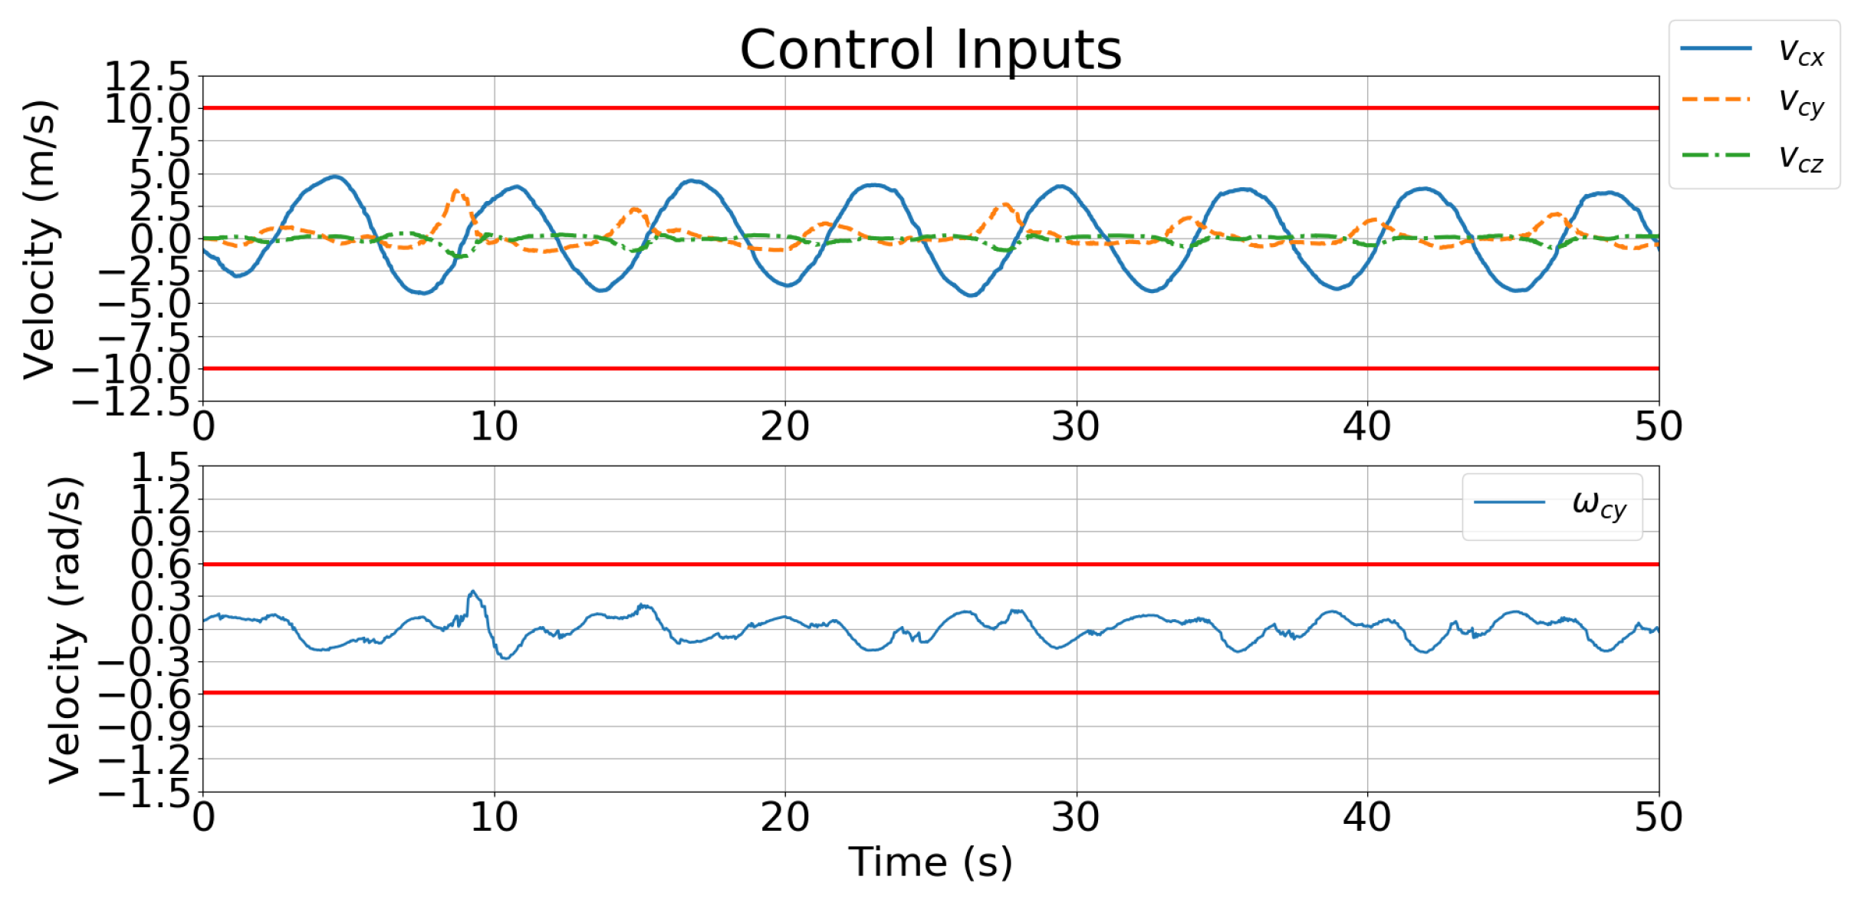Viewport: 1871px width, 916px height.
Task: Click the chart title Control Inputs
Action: pos(930,50)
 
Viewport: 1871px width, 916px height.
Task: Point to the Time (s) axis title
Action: pos(930,862)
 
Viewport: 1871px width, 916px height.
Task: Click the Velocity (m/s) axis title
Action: pos(40,239)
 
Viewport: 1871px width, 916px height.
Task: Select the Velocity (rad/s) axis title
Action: pos(64,629)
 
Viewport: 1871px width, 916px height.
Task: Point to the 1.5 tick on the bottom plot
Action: pos(160,466)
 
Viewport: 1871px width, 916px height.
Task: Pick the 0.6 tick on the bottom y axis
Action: pos(160,565)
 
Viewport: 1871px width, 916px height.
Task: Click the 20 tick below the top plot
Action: pos(784,427)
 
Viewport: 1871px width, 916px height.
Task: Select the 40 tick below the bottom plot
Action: pos(1366,817)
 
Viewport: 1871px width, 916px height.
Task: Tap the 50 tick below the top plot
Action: pos(1658,427)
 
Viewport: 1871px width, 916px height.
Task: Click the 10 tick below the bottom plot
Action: pos(494,817)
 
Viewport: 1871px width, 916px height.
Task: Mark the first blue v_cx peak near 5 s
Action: pos(335,176)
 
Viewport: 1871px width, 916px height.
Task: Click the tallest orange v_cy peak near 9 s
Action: pos(457,190)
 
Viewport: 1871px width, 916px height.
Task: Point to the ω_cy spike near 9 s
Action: pos(473,591)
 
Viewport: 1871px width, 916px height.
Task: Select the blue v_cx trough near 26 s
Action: pos(972,295)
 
